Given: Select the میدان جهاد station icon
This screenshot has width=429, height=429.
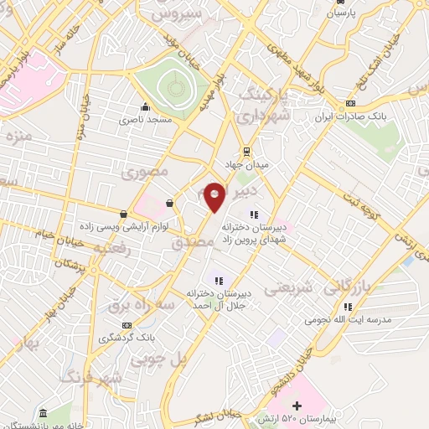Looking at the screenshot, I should tap(246, 151).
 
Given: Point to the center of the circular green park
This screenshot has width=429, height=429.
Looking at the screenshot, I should tap(173, 86).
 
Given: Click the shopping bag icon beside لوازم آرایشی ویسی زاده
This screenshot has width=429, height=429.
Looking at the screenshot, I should tap(124, 214).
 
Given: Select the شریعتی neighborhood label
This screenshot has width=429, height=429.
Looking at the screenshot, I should tap(289, 287).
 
